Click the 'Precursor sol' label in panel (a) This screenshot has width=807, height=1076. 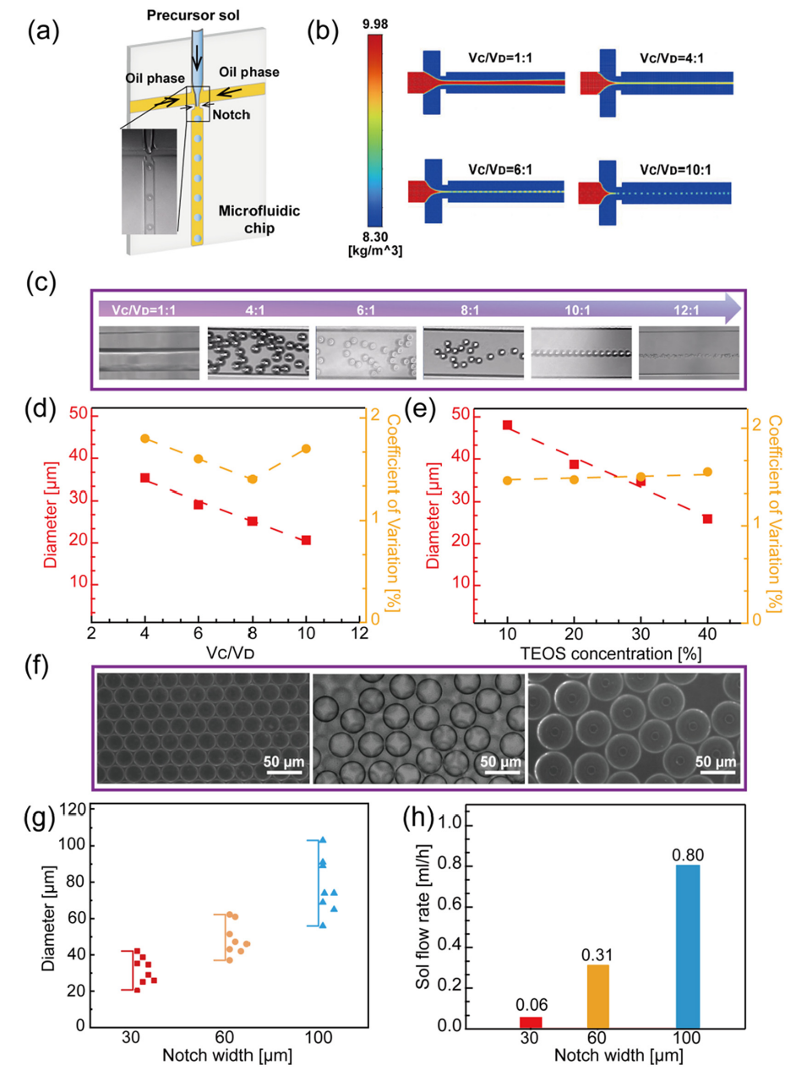193,15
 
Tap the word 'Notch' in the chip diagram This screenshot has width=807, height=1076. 231,115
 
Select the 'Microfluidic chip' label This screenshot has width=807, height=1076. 259,219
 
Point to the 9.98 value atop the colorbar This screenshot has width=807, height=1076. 375,24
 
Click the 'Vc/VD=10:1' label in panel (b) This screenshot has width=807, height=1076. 675,170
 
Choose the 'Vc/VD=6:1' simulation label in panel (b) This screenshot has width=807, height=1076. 500,170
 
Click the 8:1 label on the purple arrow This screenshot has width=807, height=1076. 470,310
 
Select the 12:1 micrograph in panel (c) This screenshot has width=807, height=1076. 689,353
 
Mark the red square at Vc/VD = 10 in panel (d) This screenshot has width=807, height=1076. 306,540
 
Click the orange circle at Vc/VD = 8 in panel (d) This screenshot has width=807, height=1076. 252,479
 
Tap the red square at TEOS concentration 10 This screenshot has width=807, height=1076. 508,425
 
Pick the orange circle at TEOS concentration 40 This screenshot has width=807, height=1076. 707,472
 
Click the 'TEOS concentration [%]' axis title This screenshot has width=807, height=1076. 610,653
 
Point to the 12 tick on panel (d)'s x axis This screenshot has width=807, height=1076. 360,633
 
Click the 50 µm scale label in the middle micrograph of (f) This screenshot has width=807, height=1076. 500,762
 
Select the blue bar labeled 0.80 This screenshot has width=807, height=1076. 688,946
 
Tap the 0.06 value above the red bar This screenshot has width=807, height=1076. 532,1005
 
